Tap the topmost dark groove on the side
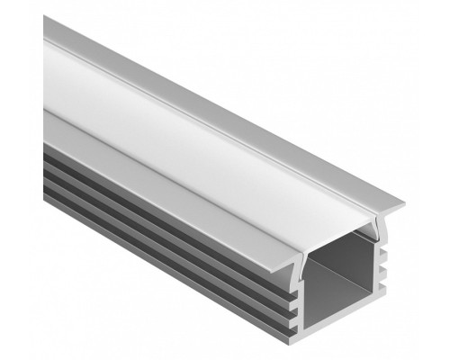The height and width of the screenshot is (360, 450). pyautogui.click(x=135, y=193)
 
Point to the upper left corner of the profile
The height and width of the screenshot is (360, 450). pyautogui.click(x=44, y=16)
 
